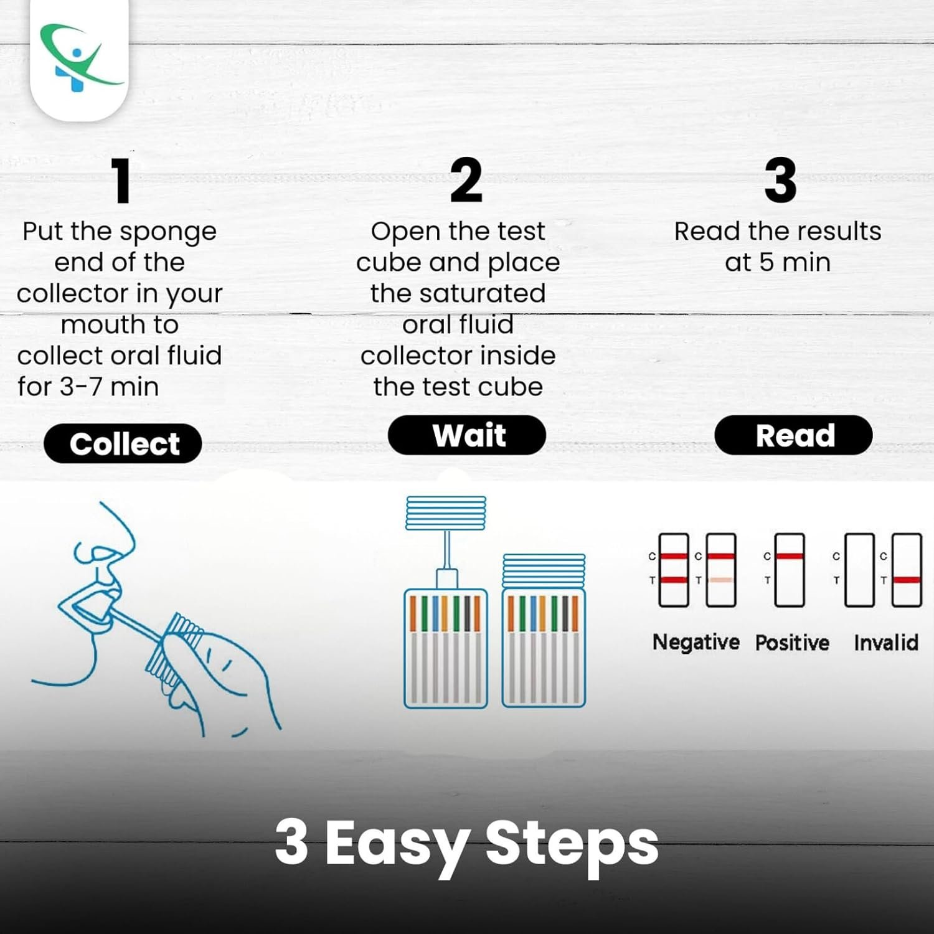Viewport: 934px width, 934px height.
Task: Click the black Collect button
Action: pos(123,444)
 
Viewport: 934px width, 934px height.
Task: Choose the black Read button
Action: pos(793,435)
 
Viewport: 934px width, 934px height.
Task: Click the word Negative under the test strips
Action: pos(696,642)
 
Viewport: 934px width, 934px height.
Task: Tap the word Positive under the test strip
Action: pos(792,642)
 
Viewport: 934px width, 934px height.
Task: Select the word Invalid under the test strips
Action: pos(885,642)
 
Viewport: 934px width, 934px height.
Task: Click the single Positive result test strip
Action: pos(790,570)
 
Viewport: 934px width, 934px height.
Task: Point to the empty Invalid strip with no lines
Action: pos(859,570)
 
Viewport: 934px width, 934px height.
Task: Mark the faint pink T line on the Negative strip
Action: pos(721,580)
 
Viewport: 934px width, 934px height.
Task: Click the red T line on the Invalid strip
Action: pos(907,580)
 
